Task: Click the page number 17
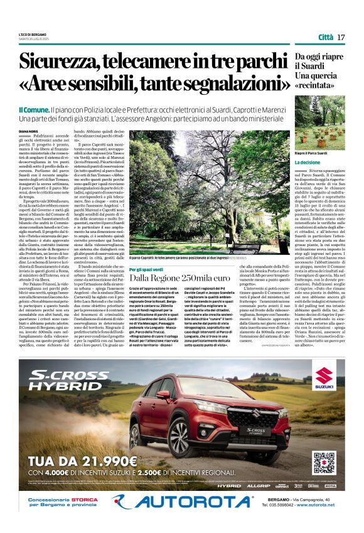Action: (341, 37)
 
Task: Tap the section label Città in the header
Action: (325, 37)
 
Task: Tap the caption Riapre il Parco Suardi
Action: (313, 153)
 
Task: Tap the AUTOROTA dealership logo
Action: (181, 501)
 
